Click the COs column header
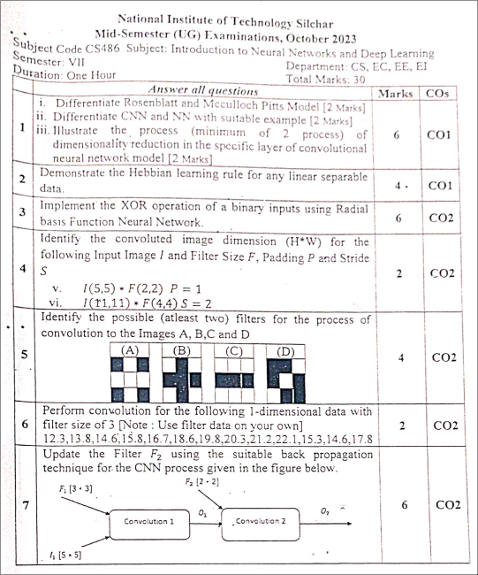tap(438, 93)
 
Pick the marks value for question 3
tap(400, 216)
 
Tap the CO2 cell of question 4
tap(442, 274)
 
